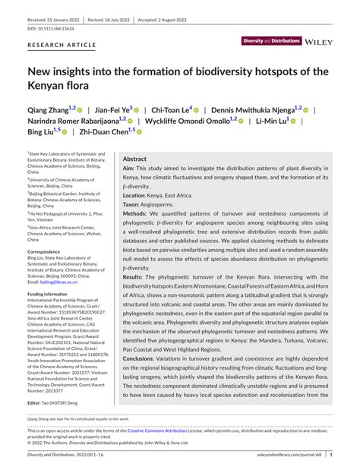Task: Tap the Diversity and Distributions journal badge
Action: [x=270, y=40]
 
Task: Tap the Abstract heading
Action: [x=134, y=160]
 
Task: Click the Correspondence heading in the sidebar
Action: [x=48, y=251]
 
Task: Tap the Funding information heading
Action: [x=52, y=293]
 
